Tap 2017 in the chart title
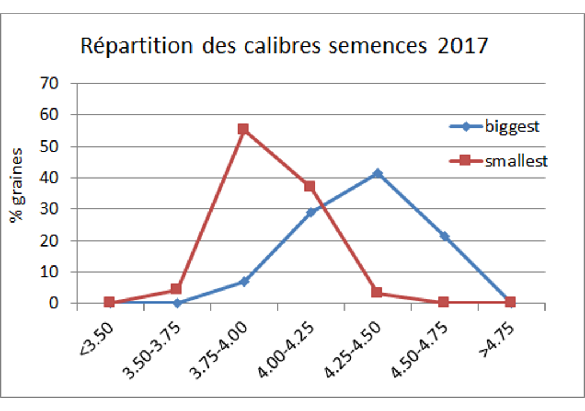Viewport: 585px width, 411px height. pos(463,46)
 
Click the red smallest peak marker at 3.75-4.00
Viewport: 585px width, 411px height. pos(243,129)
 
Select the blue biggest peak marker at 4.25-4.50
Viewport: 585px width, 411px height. pos(377,173)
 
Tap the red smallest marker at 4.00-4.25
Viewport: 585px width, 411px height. pos(310,186)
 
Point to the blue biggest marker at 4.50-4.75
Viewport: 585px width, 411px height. pos(444,236)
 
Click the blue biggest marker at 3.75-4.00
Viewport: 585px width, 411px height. pos(243,281)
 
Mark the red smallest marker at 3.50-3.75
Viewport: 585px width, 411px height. pos(176,289)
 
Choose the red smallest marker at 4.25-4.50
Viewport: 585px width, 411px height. pos(377,292)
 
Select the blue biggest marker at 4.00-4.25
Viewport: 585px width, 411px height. pos(310,212)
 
